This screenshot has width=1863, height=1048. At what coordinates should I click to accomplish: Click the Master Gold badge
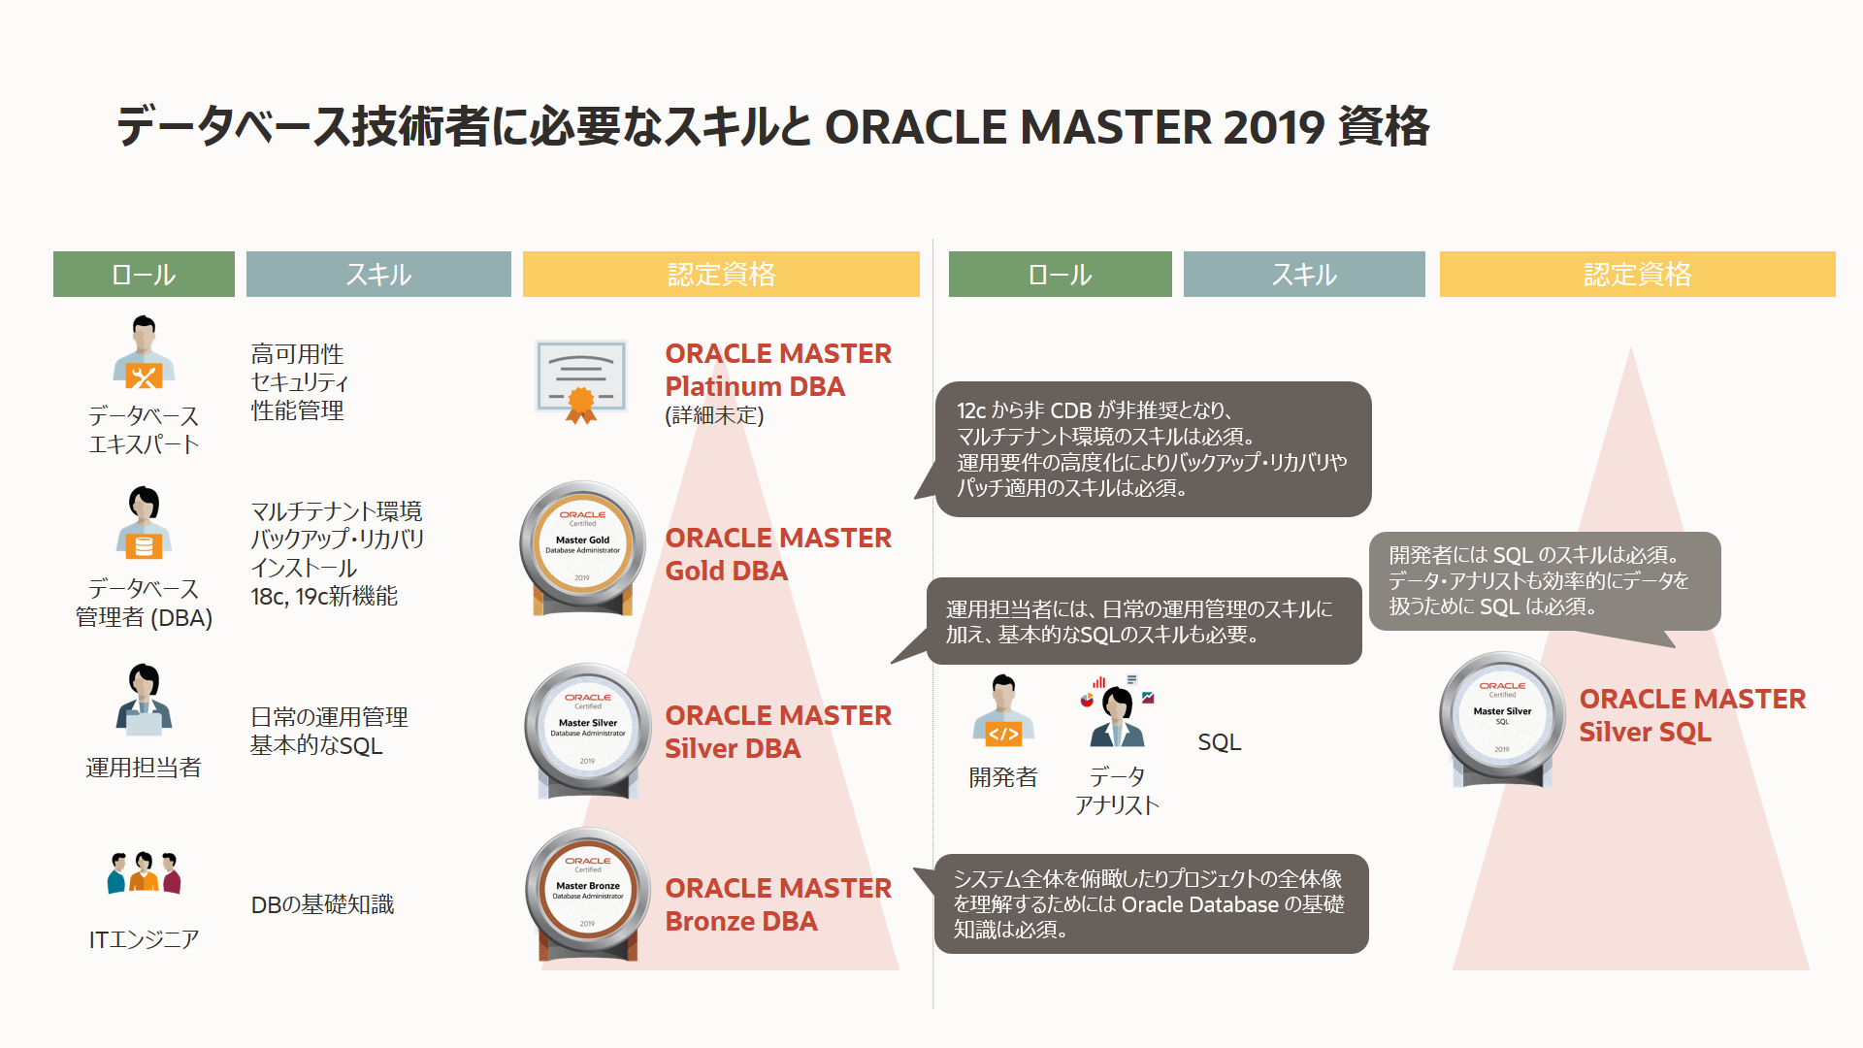(582, 546)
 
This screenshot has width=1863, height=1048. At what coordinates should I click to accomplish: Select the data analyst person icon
(1118, 713)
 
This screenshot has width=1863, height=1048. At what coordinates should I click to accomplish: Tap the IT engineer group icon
(144, 872)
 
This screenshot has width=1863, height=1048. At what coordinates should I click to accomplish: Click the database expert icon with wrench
(144, 353)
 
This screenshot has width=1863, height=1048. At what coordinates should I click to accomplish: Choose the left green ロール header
(144, 275)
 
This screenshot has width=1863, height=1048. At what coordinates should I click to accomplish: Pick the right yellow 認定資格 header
(1637, 275)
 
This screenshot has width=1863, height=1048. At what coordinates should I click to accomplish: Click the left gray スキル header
(378, 275)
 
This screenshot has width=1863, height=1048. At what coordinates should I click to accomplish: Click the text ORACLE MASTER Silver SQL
(1691, 715)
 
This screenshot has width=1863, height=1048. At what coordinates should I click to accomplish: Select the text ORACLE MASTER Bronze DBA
(777, 904)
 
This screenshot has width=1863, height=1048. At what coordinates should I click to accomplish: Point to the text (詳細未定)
(714, 415)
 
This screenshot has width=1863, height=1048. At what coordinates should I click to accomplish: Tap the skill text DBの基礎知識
(322, 904)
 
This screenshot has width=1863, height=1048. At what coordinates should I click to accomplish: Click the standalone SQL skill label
(1219, 742)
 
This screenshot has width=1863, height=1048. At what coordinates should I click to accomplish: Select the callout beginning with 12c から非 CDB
(1152, 449)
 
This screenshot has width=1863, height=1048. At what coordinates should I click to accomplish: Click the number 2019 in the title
(1273, 127)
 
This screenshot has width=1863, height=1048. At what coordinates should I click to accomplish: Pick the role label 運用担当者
(144, 768)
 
